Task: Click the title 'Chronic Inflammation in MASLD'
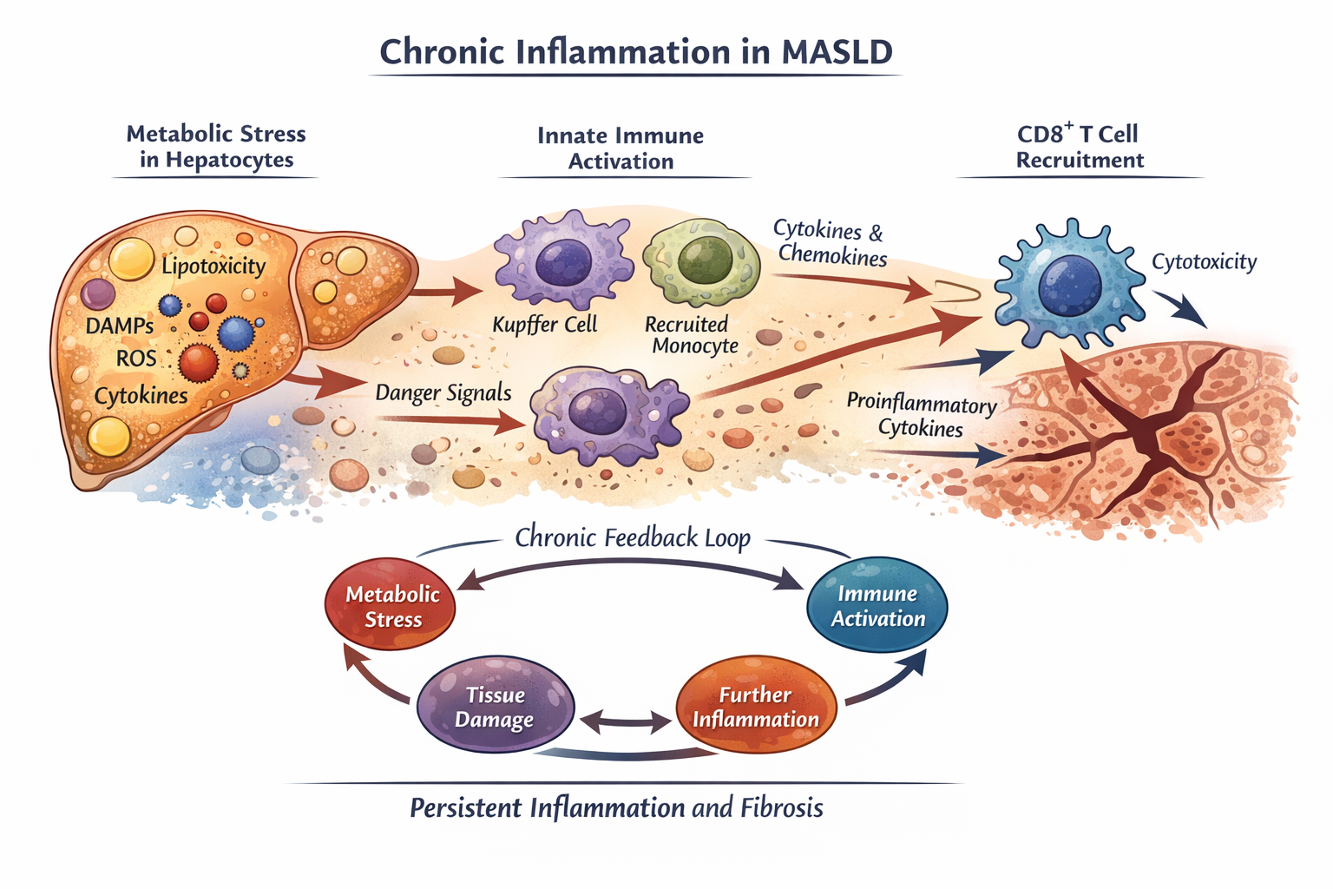636,52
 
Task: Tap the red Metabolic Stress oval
391,605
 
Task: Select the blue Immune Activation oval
877,605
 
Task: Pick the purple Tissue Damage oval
495,707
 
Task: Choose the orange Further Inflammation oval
755,707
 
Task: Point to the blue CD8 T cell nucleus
1069,286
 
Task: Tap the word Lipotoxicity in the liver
213,266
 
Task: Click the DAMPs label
120,326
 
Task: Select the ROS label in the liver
136,359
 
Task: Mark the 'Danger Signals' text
443,392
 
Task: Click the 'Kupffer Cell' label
545,325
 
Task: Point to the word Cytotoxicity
1204,261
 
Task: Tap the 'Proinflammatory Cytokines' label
921,416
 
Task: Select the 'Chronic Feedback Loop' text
633,537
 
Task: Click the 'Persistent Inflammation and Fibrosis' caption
616,808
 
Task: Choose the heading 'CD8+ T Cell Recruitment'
1079,147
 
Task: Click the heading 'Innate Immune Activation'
621,148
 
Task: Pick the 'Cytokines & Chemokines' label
831,242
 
